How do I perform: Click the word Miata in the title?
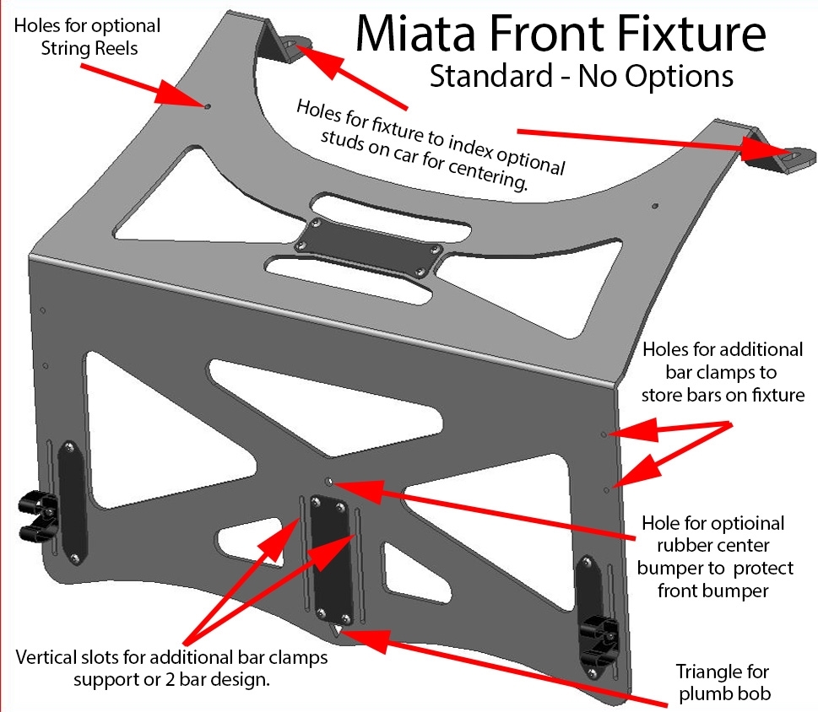pyautogui.click(x=420, y=35)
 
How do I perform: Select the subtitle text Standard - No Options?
pyautogui.click(x=581, y=76)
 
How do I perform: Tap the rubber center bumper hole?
pyautogui.click(x=330, y=482)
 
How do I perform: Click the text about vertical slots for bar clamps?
pyautogui.click(x=171, y=666)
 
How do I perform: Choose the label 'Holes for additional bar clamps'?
pyautogui.click(x=722, y=371)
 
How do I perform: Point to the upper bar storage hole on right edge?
pyautogui.click(x=603, y=434)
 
